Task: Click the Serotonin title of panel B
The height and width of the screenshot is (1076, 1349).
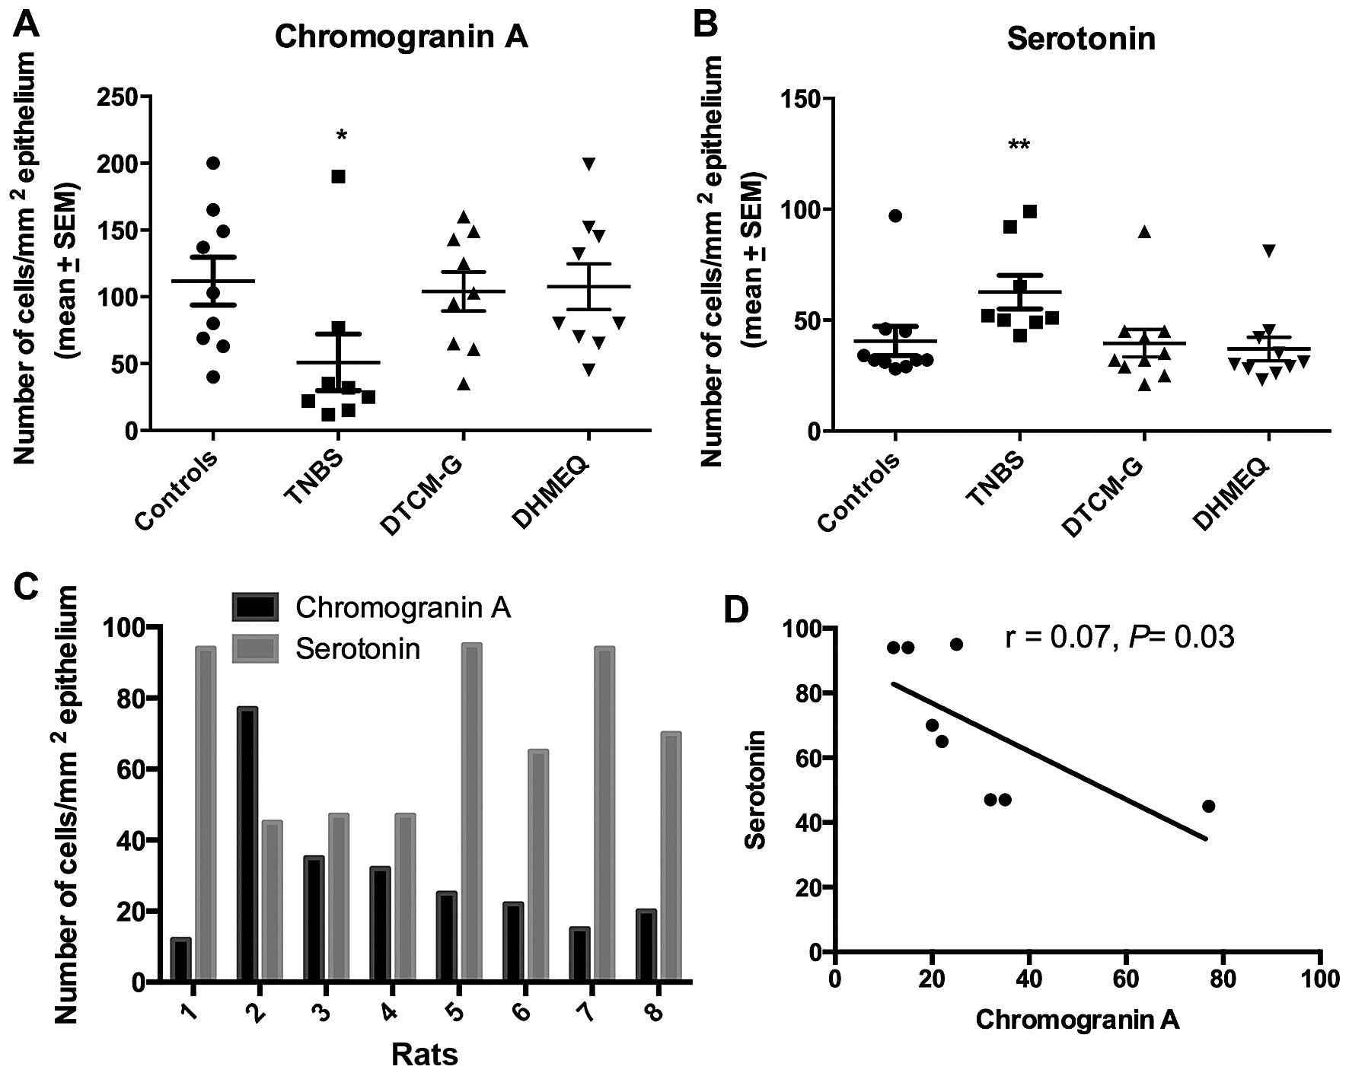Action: pyautogui.click(x=1081, y=39)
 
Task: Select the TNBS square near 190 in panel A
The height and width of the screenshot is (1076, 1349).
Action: pyautogui.click(x=339, y=177)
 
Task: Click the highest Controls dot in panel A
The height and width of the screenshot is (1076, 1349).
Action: pyautogui.click(x=213, y=163)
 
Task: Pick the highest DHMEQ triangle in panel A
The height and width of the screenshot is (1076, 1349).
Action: pyautogui.click(x=588, y=163)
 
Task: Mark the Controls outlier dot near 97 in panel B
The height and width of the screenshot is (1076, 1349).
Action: pyautogui.click(x=895, y=215)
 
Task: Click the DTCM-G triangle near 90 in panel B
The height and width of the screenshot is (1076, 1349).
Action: pyautogui.click(x=1144, y=232)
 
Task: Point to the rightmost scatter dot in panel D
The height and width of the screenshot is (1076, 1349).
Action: pyautogui.click(x=1208, y=806)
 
